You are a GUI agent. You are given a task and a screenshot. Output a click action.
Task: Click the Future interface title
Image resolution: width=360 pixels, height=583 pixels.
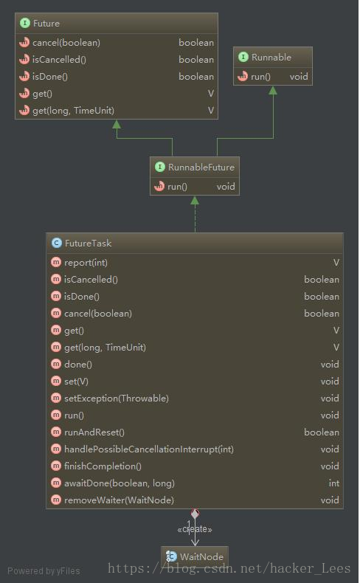coord(46,24)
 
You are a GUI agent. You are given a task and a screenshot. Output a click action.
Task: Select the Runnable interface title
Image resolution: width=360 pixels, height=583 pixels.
coord(271,58)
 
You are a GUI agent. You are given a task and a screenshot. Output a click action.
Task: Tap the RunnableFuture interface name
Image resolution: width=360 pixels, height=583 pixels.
coord(201,168)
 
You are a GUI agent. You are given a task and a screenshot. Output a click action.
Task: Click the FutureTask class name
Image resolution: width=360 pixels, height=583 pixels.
coord(88,244)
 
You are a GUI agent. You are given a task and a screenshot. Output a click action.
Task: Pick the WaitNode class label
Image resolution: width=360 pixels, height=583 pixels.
coord(201,556)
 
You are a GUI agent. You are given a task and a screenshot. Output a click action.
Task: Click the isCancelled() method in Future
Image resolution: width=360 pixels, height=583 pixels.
coord(59,60)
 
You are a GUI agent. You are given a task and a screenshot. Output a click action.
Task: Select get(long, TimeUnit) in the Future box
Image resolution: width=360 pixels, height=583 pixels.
coord(73,111)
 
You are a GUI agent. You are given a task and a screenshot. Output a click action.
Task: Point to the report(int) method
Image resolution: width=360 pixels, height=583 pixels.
coord(86,263)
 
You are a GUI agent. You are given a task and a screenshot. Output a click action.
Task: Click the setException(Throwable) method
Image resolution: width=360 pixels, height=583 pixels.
coord(117,399)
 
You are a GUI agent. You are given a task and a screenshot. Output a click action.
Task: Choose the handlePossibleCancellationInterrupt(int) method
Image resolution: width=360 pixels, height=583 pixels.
coord(149,449)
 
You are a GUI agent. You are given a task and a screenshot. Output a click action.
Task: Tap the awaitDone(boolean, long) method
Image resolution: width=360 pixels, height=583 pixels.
coord(120,483)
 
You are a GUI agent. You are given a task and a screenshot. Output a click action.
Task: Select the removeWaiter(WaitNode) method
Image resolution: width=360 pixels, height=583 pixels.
coord(119,500)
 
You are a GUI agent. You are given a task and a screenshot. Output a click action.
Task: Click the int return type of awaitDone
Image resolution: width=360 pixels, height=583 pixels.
coord(334,483)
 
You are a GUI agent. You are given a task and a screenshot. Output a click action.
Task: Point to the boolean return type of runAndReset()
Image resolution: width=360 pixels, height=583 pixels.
coord(322,432)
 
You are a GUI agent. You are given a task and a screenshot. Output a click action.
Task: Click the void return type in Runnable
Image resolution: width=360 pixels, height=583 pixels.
coord(299,77)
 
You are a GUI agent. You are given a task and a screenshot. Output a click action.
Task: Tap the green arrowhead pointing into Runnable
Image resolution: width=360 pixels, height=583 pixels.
coord(273,90)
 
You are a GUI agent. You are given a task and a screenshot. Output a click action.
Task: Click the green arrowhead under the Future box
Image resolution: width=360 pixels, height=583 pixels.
coord(117,124)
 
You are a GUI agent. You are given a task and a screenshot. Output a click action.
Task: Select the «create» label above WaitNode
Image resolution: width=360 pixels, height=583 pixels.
coord(195,529)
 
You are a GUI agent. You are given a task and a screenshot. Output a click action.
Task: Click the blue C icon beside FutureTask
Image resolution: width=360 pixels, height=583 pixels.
coord(57,244)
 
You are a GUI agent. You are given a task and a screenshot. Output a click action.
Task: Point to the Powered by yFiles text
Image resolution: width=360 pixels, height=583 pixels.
coord(44,570)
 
